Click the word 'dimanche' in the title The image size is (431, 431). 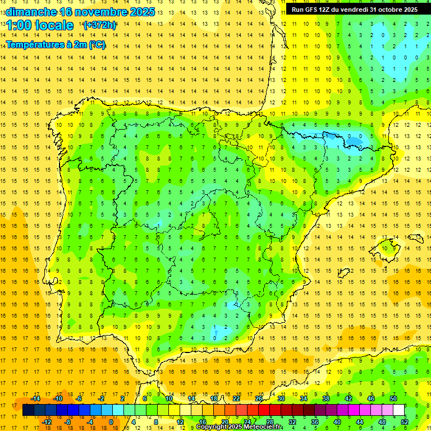coord(31,12)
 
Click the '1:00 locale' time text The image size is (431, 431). coord(40,25)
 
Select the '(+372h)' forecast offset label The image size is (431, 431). coord(99,25)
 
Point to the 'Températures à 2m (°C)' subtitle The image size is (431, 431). coord(56,44)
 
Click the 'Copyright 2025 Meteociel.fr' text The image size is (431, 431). coord(240,427)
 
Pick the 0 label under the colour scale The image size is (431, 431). coord(111,421)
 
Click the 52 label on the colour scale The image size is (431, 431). coord(405,421)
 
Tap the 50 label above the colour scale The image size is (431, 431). coord(393,398)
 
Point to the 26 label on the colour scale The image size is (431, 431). coord(259,398)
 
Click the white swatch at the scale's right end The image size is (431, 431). coord(399,410)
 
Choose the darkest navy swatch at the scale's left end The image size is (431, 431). coord(28,410)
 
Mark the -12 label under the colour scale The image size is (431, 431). coord(47,421)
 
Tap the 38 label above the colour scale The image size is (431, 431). coord(326,398)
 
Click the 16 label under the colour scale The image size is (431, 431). coord(203,421)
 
